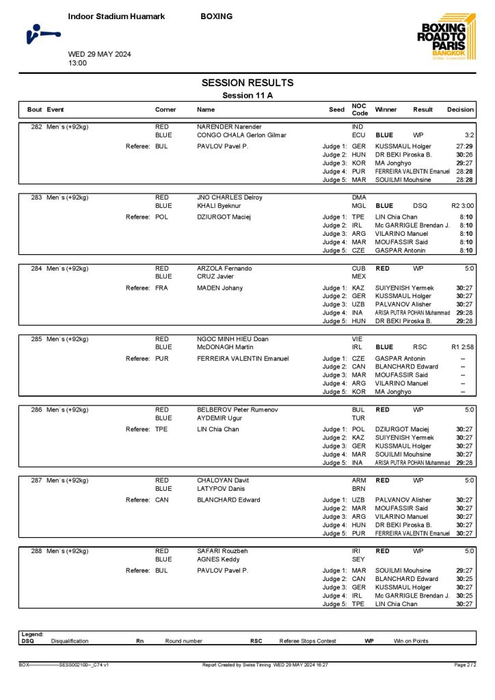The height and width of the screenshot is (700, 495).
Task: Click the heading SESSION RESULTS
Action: pos(247,83)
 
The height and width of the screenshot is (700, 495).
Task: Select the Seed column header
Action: pos(336,109)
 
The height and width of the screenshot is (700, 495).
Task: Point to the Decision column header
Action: pos(460,109)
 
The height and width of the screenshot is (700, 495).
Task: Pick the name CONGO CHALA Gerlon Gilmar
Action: pos(241,135)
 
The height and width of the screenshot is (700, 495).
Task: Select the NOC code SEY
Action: pos(359,558)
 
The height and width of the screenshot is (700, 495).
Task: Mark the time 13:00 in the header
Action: pos(77,63)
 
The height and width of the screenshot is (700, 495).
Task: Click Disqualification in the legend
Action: pos(70,641)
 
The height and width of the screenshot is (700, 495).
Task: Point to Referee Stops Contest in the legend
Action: pos(308,641)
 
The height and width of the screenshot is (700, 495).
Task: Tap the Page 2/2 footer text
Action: pos(465,664)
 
